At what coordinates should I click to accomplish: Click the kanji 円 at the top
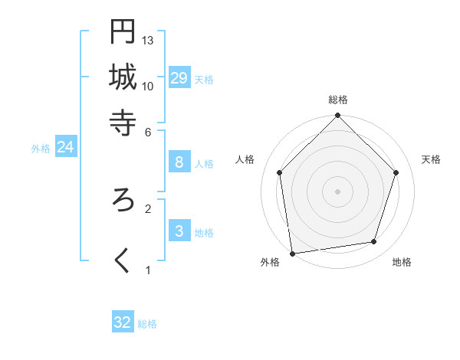[x=123, y=31]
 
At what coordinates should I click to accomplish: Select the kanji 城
[x=123, y=77]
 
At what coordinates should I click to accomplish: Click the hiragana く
[x=123, y=260]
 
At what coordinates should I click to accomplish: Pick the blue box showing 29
[x=179, y=77]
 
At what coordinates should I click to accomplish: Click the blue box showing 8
[x=179, y=162]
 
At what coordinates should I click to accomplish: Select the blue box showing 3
[x=179, y=231]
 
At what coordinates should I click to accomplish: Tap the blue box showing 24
[x=66, y=147]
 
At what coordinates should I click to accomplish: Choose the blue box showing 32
[x=123, y=322]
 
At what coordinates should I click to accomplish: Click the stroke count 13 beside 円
[x=149, y=40]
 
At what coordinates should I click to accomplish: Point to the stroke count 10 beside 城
[x=149, y=86]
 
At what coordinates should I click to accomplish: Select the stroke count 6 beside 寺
[x=149, y=131]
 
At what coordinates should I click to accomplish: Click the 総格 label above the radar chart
[x=338, y=100]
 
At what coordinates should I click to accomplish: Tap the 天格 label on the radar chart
[x=432, y=159]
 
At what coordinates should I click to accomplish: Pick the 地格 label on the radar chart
[x=402, y=262]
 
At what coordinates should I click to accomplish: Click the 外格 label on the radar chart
[x=270, y=262]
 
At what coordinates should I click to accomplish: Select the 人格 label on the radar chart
[x=245, y=159]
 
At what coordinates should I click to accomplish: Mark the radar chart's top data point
[x=338, y=116]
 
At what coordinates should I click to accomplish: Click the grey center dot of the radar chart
[x=338, y=191]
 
